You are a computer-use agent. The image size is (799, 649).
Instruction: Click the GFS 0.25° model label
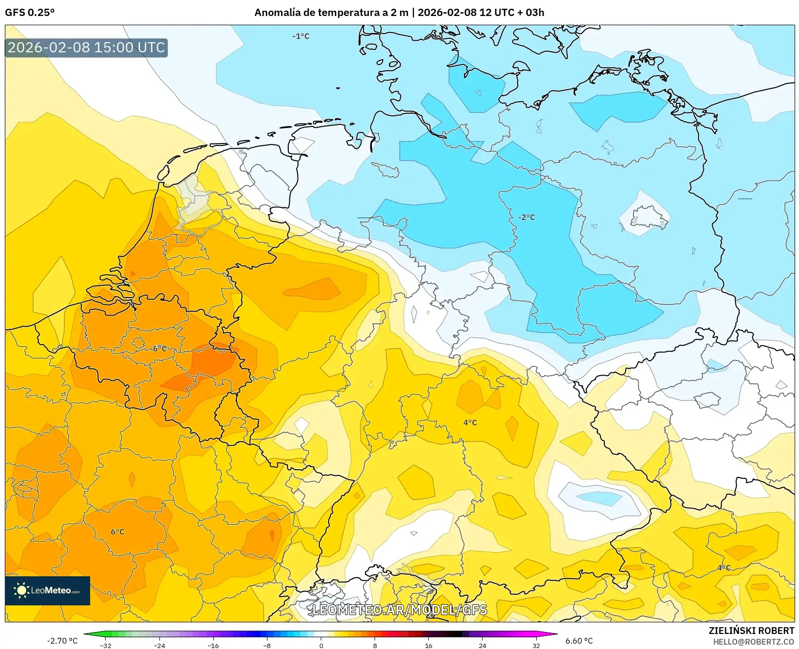(30, 13)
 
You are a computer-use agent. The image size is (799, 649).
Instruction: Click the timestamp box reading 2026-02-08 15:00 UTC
(86, 47)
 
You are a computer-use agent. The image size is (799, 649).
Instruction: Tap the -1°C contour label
(300, 36)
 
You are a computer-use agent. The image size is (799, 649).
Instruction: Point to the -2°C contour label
(526, 217)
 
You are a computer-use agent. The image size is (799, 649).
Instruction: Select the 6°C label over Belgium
(159, 348)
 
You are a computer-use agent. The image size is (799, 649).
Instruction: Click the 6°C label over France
(117, 532)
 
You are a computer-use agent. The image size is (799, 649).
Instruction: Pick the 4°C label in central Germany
(470, 422)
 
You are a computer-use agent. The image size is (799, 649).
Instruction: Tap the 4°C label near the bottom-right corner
(723, 568)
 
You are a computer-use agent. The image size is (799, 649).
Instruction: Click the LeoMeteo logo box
(47, 590)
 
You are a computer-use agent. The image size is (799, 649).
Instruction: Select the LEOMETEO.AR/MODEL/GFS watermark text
(399, 610)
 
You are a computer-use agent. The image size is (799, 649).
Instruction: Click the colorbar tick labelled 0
(321, 645)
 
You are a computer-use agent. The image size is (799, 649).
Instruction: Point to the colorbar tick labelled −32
(105, 645)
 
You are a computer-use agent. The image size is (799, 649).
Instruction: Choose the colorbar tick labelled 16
(428, 645)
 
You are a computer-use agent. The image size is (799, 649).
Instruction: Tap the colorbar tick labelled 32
(536, 645)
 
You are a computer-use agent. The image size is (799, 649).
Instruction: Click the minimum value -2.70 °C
(62, 641)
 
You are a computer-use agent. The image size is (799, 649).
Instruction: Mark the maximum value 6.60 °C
(579, 641)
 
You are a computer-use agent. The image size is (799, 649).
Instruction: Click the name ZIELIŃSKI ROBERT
(751, 631)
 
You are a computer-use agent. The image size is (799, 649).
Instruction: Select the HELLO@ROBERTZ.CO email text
(753, 642)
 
